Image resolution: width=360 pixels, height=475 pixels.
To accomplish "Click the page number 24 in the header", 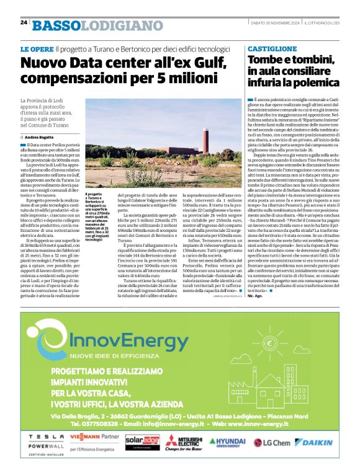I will (24, 22).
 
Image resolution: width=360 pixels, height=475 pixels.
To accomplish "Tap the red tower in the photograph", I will (212, 130).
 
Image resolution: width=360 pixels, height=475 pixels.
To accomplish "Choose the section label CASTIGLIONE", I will (272, 48).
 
